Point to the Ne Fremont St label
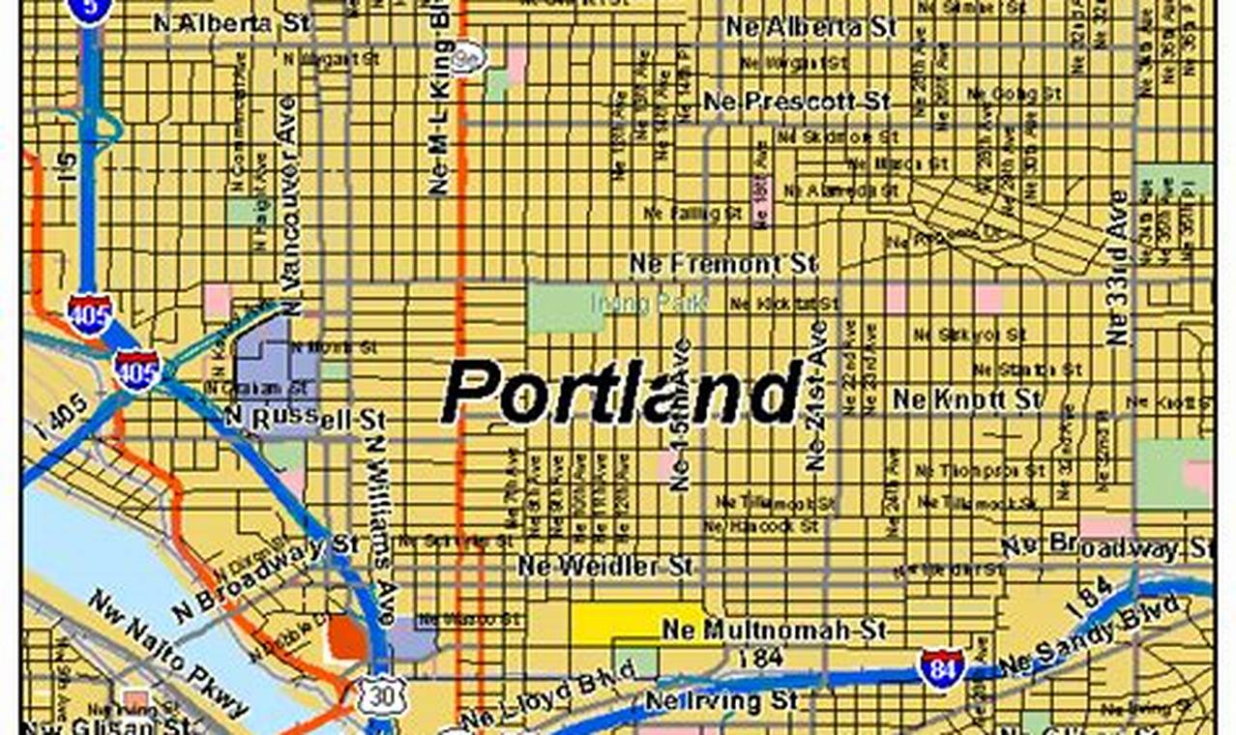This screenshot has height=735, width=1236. (723, 263)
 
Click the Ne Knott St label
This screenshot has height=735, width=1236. (967, 398)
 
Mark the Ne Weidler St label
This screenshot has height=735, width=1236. (605, 566)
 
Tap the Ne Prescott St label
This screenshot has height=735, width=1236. (796, 101)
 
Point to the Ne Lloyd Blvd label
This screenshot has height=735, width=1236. (547, 695)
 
